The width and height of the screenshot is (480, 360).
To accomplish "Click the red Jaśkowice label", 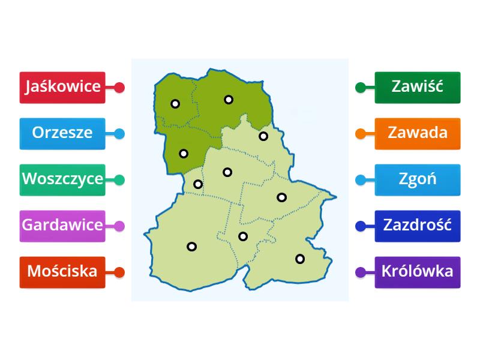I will [62, 87].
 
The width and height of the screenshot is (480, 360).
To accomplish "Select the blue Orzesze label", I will [62, 133].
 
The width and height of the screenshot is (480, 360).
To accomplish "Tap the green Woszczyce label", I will [62, 179].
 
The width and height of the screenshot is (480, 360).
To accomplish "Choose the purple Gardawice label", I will [62, 226].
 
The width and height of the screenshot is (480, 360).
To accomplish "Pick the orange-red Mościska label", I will [62, 272].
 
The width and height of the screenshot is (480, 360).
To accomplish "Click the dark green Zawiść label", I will [418, 87].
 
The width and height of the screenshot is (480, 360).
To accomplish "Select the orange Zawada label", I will [418, 133].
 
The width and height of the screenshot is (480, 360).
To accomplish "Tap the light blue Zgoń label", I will [418, 179].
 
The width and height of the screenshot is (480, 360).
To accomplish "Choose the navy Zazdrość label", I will [418, 226].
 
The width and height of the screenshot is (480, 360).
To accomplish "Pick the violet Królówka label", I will [418, 272].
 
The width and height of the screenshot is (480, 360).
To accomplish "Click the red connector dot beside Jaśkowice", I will [119, 88].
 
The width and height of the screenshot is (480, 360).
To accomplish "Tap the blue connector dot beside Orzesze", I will [119, 134].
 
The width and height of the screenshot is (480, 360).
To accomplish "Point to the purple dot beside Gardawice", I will [119, 226].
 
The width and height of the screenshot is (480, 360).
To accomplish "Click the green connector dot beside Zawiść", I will [361, 88].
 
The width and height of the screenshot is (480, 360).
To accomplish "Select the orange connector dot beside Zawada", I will [361, 134].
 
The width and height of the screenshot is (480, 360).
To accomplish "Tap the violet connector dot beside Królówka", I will [361, 272].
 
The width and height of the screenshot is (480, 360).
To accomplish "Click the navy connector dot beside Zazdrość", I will [361, 226].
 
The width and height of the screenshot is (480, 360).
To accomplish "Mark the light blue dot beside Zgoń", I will [361, 180].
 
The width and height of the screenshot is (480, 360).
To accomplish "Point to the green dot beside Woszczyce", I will [119, 180].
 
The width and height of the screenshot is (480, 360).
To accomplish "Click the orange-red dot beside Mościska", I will [119, 272].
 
